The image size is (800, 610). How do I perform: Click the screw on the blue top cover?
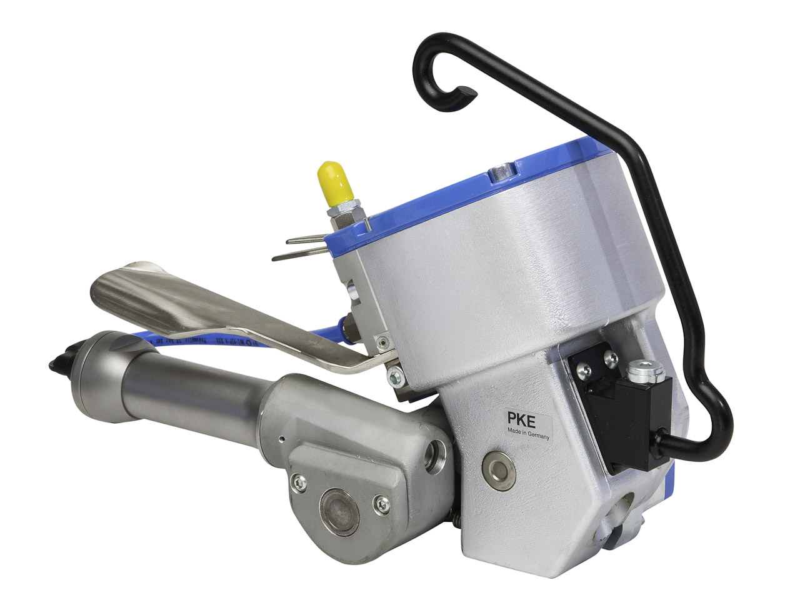coord(499,171)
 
